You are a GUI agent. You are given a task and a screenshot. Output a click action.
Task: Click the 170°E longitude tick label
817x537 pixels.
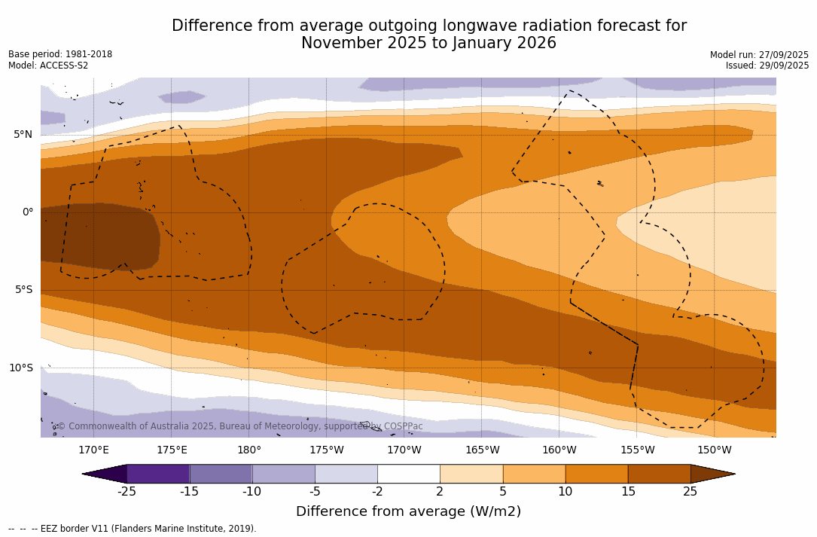point(93,450)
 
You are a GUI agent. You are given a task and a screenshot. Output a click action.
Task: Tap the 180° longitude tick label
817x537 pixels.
point(249,450)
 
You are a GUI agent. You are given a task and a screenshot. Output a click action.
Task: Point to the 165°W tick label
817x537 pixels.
point(482,450)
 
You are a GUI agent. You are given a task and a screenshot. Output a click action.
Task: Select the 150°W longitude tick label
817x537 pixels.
point(714,450)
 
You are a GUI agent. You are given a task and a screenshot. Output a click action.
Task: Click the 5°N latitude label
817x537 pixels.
point(23,135)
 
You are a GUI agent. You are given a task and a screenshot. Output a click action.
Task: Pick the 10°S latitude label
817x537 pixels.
point(21,368)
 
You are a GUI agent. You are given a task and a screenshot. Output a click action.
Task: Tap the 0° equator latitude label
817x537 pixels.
point(27,212)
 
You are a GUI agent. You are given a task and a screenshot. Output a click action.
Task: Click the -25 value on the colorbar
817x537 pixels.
point(127,492)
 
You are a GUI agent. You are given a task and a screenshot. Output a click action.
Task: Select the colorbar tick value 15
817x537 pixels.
point(627,492)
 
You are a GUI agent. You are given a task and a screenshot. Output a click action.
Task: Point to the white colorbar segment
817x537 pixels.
point(408,474)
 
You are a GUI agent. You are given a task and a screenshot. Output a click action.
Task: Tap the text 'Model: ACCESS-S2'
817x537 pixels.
point(48,66)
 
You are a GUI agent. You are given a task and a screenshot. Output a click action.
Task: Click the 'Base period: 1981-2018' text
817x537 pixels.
point(60,54)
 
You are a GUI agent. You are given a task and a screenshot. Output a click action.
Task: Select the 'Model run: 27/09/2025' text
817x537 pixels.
point(759,55)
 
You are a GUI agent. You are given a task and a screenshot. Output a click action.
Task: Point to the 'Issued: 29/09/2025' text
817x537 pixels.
point(767,66)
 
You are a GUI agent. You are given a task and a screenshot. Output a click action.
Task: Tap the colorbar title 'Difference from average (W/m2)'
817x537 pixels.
point(408,511)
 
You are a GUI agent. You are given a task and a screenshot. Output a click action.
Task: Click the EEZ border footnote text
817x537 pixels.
point(133,529)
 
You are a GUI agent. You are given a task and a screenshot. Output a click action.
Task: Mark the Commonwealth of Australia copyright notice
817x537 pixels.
point(240,426)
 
